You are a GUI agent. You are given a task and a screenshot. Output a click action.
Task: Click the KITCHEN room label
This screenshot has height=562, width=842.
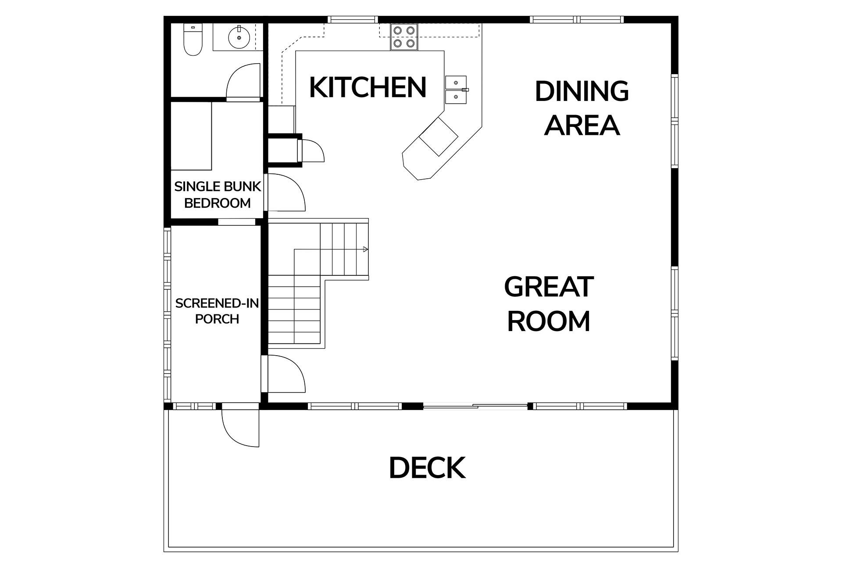(x=367, y=87)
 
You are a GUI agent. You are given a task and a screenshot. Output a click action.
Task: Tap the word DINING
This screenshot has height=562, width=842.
(x=582, y=92)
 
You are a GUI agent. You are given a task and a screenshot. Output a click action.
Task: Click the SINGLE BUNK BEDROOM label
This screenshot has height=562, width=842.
(x=218, y=195)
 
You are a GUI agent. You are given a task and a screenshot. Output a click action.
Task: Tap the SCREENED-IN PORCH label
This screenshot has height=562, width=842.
(x=217, y=311)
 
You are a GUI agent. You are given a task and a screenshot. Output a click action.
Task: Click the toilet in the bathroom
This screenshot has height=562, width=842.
(x=193, y=40)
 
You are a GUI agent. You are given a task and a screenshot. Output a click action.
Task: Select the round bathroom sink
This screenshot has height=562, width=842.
(x=239, y=37)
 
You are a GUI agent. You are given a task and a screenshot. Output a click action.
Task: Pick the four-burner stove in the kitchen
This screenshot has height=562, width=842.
(x=404, y=37)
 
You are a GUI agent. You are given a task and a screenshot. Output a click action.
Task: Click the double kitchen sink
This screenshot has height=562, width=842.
(x=457, y=90)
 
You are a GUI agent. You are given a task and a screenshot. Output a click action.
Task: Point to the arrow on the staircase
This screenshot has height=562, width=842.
(x=365, y=249)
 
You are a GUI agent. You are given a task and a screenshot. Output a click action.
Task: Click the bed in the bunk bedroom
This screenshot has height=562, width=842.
(x=191, y=136)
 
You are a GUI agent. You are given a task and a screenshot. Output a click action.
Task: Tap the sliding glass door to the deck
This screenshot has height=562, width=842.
(x=475, y=407)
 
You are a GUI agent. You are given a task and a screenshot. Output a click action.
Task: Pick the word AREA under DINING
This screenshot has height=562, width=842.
(x=582, y=126)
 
